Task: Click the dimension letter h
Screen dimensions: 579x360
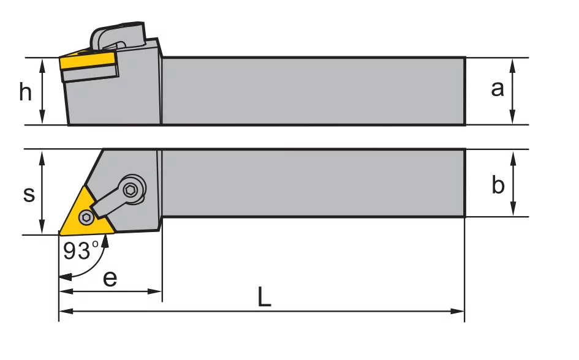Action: click(26, 92)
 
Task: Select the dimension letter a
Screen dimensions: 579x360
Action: click(497, 89)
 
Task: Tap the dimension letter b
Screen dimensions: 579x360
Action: click(498, 184)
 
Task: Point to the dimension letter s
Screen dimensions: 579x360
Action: click(29, 194)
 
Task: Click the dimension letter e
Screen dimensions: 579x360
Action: click(110, 279)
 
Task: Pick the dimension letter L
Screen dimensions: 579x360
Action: click(264, 296)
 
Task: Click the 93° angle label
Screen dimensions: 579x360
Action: click(81, 250)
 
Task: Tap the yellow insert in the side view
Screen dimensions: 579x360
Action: click(88, 61)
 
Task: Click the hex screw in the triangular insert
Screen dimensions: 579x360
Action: click(86, 217)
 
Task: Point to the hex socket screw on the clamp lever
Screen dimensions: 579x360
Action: click(131, 190)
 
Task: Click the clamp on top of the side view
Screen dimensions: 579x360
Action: click(118, 36)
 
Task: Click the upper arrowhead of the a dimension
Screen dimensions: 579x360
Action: click(512, 65)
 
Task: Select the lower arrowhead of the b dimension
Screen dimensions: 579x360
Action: click(513, 209)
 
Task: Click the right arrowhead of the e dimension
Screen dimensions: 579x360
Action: click(155, 291)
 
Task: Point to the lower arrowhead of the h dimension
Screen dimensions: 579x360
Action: click(42, 118)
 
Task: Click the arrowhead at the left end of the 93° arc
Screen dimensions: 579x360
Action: click(66, 277)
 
